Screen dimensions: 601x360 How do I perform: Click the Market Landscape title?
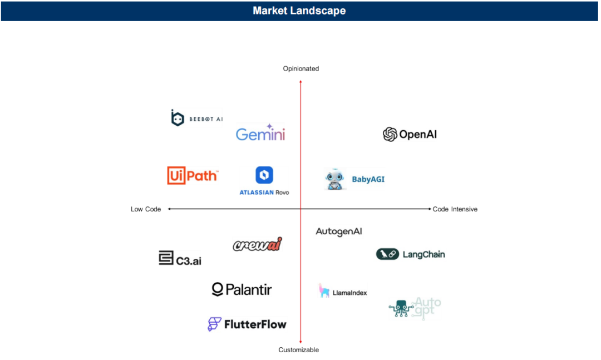coord(299,11)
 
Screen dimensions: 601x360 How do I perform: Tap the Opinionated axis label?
coord(301,68)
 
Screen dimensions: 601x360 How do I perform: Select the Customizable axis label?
coord(299,349)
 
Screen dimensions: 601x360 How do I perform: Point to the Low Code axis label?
coord(146,209)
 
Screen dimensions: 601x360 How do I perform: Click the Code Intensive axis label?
coord(455,209)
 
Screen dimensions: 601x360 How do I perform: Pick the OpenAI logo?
coord(410,134)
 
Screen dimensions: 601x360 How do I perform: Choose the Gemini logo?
coord(260,132)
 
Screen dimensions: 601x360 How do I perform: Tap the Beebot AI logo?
coord(196,118)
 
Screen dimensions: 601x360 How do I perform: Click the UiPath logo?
coord(193,176)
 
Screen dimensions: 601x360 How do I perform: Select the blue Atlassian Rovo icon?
coord(264,175)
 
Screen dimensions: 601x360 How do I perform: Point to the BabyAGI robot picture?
coord(335,179)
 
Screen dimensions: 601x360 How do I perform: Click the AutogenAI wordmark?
coord(339,231)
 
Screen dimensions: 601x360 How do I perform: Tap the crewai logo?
coord(258,244)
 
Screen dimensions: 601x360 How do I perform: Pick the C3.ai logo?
coord(180,258)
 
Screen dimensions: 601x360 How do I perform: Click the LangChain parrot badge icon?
coord(387,254)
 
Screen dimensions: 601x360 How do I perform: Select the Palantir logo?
coord(242,289)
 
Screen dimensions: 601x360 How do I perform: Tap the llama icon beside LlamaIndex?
coord(324,290)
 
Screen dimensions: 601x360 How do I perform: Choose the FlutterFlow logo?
coord(247,324)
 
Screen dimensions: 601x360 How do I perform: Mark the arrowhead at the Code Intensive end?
coord(430,209)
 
